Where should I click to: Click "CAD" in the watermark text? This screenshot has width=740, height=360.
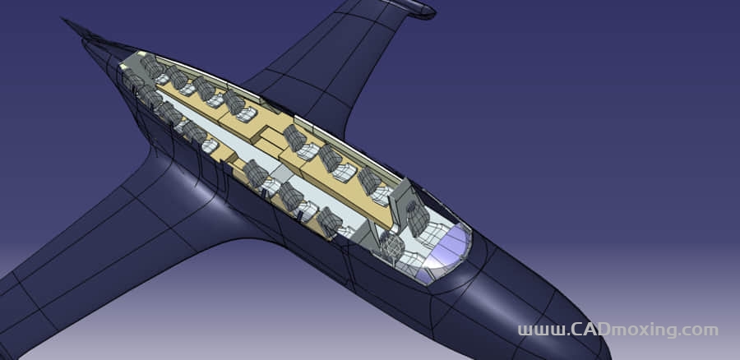pos(590,329)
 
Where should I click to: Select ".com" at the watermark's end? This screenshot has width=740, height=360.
pos(698,330)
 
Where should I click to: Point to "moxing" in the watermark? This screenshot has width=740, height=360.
pos(643,330)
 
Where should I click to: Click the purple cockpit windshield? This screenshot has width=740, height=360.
pos(448,250)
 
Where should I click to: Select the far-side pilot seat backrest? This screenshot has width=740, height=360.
pos(418,218)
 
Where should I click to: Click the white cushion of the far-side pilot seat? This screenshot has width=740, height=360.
pos(432,234)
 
